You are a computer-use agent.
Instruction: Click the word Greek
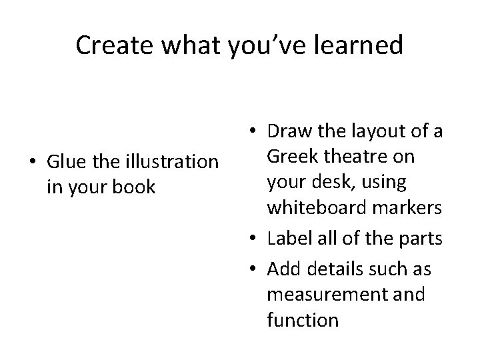point(291,157)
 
